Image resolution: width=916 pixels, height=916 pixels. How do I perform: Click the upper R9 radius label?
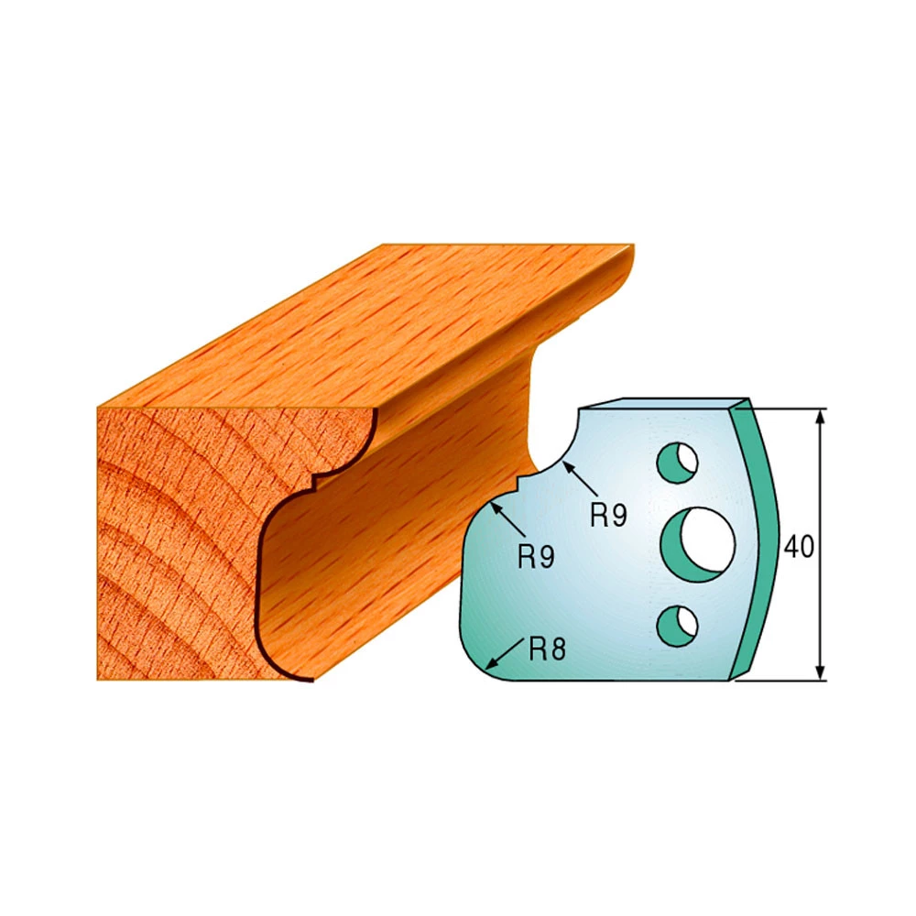pos(608,515)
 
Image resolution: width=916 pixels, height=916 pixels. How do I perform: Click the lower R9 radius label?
pos(536,557)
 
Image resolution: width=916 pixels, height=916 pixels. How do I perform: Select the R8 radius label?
pos(548,649)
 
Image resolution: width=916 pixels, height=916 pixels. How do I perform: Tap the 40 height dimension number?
pos(798,547)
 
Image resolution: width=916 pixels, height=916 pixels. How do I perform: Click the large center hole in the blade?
pos(698,544)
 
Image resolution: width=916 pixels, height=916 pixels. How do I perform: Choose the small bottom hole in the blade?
pos(678,627)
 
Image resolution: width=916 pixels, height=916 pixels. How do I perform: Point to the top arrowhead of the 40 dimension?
pos(821,417)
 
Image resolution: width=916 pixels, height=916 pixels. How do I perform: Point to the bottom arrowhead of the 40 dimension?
pos(821,672)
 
